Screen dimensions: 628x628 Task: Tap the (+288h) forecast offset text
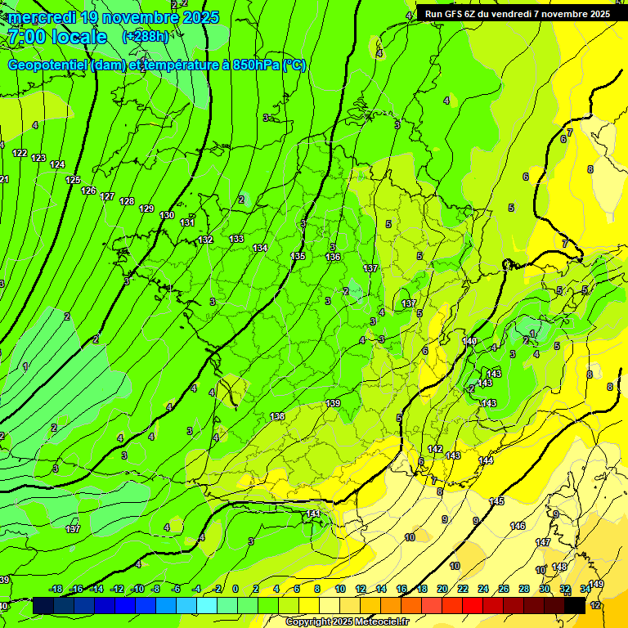tap(145, 36)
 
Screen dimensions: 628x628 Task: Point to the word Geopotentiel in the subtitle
tap(48, 65)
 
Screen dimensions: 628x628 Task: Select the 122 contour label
tap(20, 154)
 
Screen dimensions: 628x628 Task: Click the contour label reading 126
tap(88, 191)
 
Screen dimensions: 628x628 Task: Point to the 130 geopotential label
tap(167, 215)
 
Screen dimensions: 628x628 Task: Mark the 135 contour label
tap(298, 256)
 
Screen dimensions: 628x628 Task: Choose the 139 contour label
tap(333, 403)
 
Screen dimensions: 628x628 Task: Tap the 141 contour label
tap(312, 514)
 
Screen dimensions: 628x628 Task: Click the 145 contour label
tap(496, 501)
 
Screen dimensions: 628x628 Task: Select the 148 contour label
tap(559, 567)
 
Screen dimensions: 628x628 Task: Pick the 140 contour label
tap(469, 341)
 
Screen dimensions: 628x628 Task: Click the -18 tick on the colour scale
tap(56, 589)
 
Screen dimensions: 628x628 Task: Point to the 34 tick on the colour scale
tap(585, 589)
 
